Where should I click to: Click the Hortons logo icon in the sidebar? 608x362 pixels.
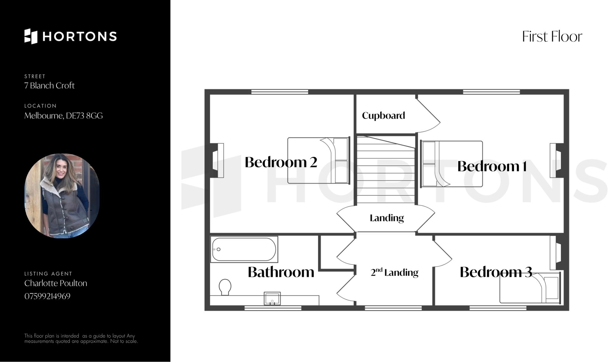click(x=31, y=36)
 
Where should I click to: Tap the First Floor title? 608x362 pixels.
click(x=552, y=37)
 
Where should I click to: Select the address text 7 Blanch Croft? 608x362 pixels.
click(x=49, y=85)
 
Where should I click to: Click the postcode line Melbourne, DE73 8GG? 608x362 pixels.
click(x=63, y=115)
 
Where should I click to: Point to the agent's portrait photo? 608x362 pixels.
click(x=62, y=196)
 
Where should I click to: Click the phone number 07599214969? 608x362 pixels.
click(x=47, y=296)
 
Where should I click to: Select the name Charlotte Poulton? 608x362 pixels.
click(x=56, y=283)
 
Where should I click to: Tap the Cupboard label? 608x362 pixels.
click(x=383, y=115)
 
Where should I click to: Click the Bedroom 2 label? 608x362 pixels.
click(x=281, y=162)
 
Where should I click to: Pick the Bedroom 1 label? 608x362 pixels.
click(x=492, y=166)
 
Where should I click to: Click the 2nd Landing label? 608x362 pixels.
click(x=394, y=272)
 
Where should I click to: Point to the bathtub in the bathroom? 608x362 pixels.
click(x=244, y=249)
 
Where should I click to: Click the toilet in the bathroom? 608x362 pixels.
click(x=225, y=287)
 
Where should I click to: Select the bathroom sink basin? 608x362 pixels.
click(x=272, y=299)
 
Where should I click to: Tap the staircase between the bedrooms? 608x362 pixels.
click(x=386, y=170)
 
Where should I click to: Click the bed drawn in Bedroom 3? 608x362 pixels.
click(x=529, y=288)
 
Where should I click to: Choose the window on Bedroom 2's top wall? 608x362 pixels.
click(x=279, y=92)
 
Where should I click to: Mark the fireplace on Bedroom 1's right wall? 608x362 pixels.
click(x=557, y=160)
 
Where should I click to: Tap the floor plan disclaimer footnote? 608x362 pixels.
click(x=81, y=338)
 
